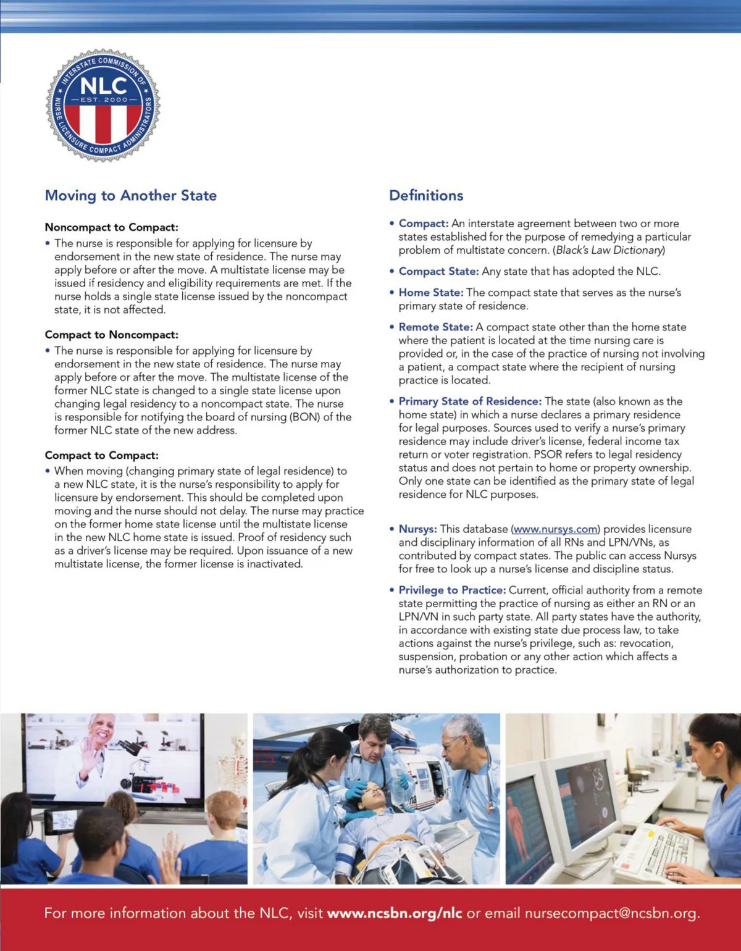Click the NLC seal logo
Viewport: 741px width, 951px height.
103,105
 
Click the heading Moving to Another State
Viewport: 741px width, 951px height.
130,196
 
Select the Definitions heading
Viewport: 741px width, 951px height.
426,196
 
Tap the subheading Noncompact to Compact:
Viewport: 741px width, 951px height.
111,227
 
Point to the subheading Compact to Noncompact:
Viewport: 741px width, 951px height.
111,335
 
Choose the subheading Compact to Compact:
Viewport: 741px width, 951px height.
101,455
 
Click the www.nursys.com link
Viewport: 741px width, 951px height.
555,529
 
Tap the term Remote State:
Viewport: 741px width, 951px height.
435,327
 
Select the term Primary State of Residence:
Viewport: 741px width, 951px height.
470,401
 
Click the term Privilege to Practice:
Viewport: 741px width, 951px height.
452,590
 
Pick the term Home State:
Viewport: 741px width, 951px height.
430,293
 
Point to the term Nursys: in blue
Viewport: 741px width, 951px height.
417,529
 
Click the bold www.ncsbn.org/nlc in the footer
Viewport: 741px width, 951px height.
395,913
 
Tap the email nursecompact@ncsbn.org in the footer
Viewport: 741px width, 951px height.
611,913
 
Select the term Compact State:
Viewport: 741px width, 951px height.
438,272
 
